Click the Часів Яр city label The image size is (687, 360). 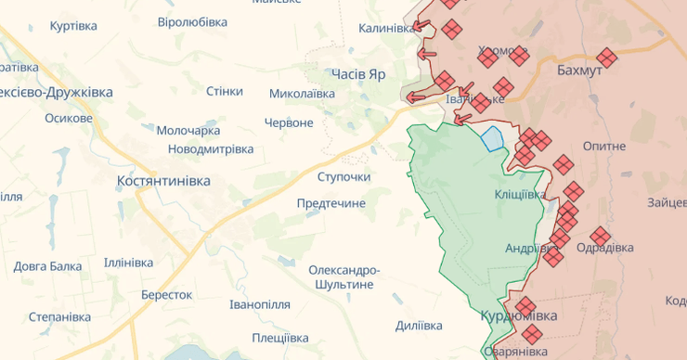(x=357, y=73)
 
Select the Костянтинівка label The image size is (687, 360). (x=163, y=181)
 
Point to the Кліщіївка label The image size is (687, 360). (x=521, y=195)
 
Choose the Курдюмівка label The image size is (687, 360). (x=519, y=317)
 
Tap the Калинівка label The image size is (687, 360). (x=385, y=29)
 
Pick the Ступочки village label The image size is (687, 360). (x=343, y=176)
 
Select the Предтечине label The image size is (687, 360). (x=331, y=203)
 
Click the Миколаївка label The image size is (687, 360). (x=302, y=94)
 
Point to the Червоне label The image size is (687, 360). (x=289, y=122)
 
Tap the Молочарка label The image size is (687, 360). (x=188, y=131)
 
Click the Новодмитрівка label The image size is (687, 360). (x=211, y=149)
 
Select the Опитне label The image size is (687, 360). (x=604, y=147)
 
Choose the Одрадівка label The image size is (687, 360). (x=605, y=248)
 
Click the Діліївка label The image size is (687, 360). (x=419, y=326)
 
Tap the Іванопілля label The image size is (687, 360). (x=260, y=304)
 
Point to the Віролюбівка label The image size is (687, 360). (x=192, y=21)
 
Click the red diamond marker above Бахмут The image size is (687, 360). (x=606, y=57)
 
